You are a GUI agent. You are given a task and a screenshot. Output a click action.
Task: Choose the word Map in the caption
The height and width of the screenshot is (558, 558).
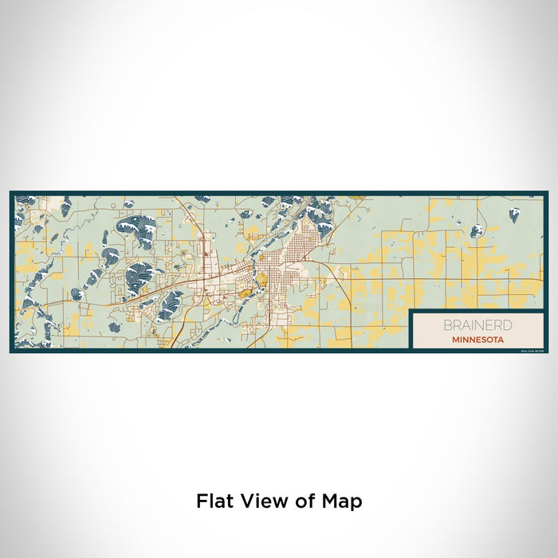pos(343,501)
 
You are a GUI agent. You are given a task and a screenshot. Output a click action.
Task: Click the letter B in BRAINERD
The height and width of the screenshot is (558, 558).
pos(449,325)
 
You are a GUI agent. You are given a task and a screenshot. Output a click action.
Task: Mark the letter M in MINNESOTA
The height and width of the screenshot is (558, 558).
pos(454,338)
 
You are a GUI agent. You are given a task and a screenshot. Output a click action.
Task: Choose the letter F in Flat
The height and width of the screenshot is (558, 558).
pos(201,501)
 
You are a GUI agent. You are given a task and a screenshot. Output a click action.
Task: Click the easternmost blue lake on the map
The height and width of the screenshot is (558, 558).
pos(514,214)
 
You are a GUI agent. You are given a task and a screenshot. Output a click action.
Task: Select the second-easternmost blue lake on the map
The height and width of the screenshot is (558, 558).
pos(476,231)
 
